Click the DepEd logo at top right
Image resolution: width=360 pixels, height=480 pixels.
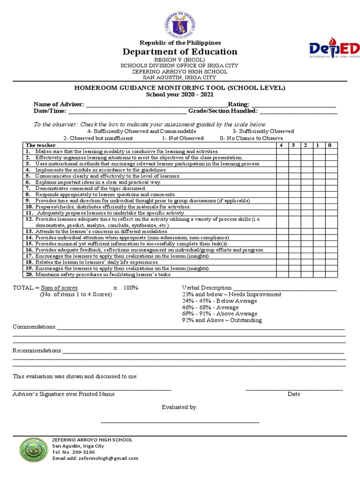pos(334,49)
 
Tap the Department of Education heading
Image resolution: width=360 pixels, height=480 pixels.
pos(180,52)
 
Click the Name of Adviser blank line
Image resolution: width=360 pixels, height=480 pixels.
pos(156,104)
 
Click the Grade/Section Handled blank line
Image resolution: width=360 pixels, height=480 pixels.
pos(298,111)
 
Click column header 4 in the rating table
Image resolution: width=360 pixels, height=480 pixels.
pos(281,145)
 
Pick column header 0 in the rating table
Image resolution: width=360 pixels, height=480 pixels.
pos(330,145)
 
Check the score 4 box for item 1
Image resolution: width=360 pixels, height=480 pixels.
pos(281,151)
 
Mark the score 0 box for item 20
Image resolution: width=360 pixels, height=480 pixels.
pos(330,275)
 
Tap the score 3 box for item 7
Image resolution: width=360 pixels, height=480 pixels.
pos(293,188)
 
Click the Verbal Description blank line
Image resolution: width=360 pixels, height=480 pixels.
pos(285,287)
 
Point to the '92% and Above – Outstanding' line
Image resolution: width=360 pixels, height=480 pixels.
pos(222,320)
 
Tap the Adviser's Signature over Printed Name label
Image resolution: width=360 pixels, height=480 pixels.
pos(63,394)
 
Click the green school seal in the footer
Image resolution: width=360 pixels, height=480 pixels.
pos(33,449)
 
